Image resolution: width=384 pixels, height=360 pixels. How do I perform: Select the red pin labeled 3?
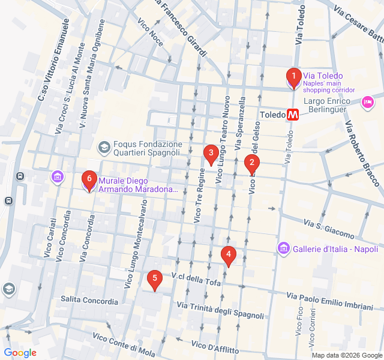coord(210,154)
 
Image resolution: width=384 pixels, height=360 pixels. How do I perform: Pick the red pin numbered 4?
coord(228,256)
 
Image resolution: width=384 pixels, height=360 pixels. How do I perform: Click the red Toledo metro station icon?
coord(293,115)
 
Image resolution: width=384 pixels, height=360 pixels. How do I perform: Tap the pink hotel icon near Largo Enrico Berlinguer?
coord(367,103)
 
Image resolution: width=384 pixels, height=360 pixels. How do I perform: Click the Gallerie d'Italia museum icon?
coord(283,248)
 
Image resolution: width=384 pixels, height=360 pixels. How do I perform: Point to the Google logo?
coord(20,353)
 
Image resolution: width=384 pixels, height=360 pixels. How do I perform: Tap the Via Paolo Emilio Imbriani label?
coord(329,301)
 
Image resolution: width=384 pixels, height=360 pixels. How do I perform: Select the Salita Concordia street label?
coord(89,299)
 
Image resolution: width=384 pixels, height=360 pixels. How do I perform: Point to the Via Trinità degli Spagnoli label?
coord(220,311)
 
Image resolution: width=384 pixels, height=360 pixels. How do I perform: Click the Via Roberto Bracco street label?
coord(362,153)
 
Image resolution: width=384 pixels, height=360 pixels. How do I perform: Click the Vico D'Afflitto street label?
coord(215,347)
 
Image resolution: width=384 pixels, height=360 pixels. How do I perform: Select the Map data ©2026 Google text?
coord(346,355)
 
